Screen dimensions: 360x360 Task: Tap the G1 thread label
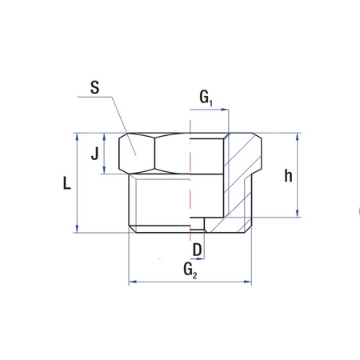206,99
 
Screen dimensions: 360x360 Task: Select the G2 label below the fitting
190,270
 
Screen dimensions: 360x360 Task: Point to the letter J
94,153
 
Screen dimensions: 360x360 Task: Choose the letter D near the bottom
198,250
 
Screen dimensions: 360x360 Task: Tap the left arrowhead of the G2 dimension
133,282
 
